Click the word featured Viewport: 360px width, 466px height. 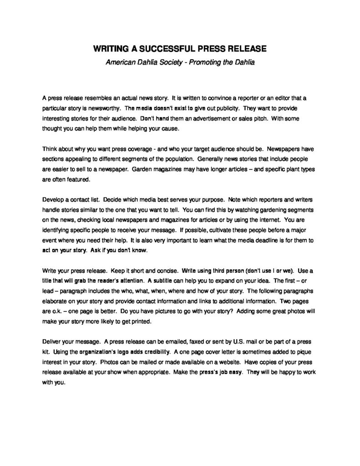coord(80,179)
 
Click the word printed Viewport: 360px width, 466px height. coord(136,321)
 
